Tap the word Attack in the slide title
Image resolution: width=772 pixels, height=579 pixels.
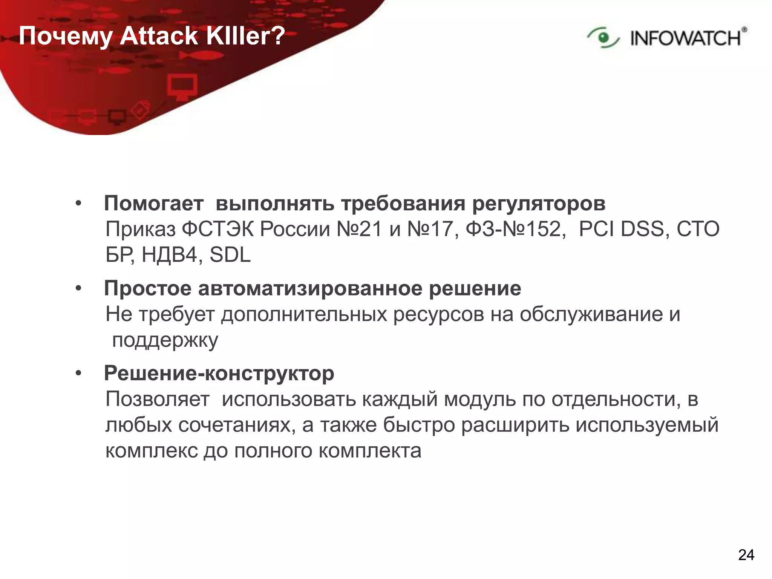tap(159, 36)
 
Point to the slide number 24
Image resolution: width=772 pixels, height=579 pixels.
tap(746, 555)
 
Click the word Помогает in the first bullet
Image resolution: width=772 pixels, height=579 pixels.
tap(154, 204)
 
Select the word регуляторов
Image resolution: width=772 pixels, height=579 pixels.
tap(539, 204)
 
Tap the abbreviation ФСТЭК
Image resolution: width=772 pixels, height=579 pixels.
tap(218, 229)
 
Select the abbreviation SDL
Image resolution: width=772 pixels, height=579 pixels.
tap(230, 255)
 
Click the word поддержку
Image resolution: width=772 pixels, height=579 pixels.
tap(165, 340)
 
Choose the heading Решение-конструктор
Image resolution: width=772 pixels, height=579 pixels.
tap(219, 374)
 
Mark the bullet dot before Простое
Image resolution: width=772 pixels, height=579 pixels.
tap(78, 289)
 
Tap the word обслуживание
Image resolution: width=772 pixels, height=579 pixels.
tap(591, 314)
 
